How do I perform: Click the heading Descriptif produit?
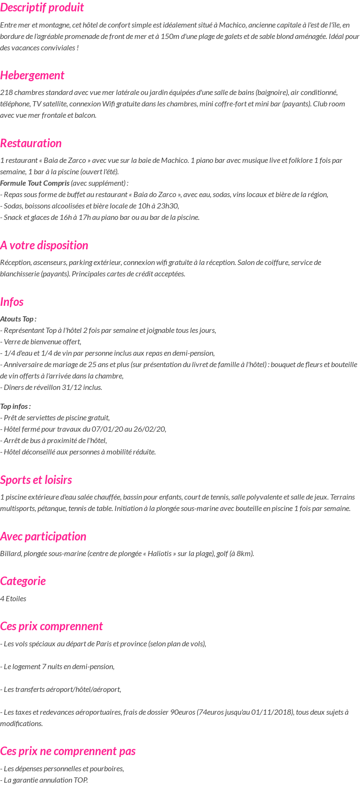42,8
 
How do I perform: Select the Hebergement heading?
32,76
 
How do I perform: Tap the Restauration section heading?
31,143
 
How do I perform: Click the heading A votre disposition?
44,246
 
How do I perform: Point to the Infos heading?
12,302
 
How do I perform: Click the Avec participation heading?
43,537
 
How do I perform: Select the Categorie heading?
23,581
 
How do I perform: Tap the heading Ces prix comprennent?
51,626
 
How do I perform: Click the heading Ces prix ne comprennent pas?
68,751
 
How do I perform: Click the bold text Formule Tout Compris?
35,183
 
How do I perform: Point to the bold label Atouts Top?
18,319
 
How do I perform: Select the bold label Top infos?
15,407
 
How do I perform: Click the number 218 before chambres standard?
6,93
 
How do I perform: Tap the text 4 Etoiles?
13,599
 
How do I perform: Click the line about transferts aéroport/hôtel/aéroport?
61,690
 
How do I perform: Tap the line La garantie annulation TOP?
44,780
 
